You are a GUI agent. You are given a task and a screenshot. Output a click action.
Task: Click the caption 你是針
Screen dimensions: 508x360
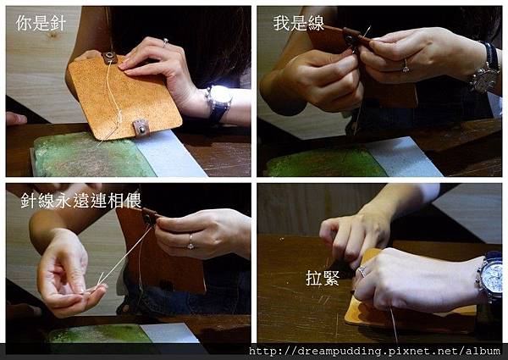[41, 24]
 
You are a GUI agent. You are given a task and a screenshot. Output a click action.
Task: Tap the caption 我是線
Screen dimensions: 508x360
[298, 24]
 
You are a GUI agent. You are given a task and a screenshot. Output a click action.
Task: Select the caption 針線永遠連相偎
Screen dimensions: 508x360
[81, 201]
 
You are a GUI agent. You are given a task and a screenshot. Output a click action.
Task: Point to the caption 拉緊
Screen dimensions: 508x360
[323, 278]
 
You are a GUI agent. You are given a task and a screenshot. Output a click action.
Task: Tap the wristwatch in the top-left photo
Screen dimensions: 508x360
[219, 101]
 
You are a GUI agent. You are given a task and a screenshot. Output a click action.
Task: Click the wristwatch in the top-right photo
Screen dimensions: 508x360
[486, 69]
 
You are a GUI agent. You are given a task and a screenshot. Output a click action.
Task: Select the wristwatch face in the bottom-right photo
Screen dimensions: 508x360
[492, 278]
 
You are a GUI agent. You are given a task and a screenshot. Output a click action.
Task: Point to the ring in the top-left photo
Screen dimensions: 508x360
[165, 42]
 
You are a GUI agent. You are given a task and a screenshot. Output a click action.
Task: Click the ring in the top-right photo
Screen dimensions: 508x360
[406, 66]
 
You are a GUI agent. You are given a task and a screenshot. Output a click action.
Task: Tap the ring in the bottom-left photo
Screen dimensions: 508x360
[190, 242]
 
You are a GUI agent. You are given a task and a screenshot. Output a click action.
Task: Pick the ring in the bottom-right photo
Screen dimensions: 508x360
[362, 270]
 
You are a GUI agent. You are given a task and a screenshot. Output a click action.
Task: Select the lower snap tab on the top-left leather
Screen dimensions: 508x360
[141, 127]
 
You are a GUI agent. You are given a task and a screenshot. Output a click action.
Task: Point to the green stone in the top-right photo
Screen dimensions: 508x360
[326, 163]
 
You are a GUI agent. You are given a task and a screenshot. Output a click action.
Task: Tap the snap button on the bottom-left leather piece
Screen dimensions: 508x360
[150, 217]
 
